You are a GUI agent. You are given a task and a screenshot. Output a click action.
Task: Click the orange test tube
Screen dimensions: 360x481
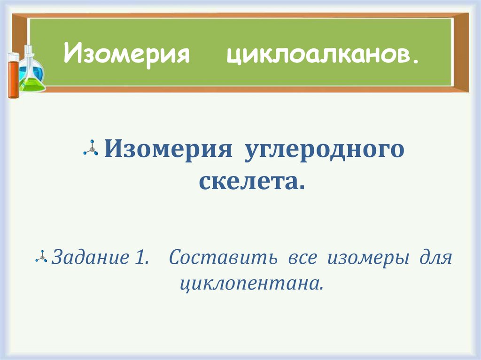(x=13, y=75)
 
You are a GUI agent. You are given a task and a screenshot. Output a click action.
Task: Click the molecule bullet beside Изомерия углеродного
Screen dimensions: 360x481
(x=91, y=149)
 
